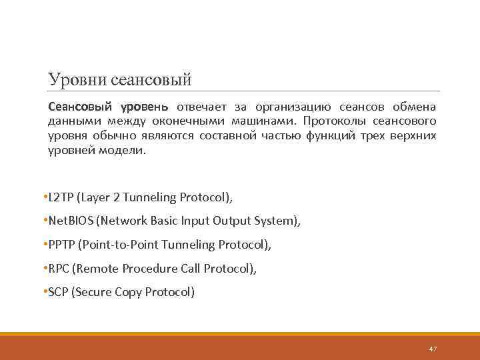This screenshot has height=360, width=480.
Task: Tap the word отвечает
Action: coord(202,107)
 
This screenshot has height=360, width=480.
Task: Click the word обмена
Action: coord(414,107)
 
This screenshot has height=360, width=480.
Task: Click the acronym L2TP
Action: coord(60,197)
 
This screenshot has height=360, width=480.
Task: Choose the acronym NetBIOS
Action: coord(70,221)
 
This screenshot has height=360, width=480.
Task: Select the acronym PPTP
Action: coord(61,245)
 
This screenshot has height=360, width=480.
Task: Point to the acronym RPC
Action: coord(58,269)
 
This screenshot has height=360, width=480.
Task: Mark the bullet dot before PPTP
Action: coord(43,245)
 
